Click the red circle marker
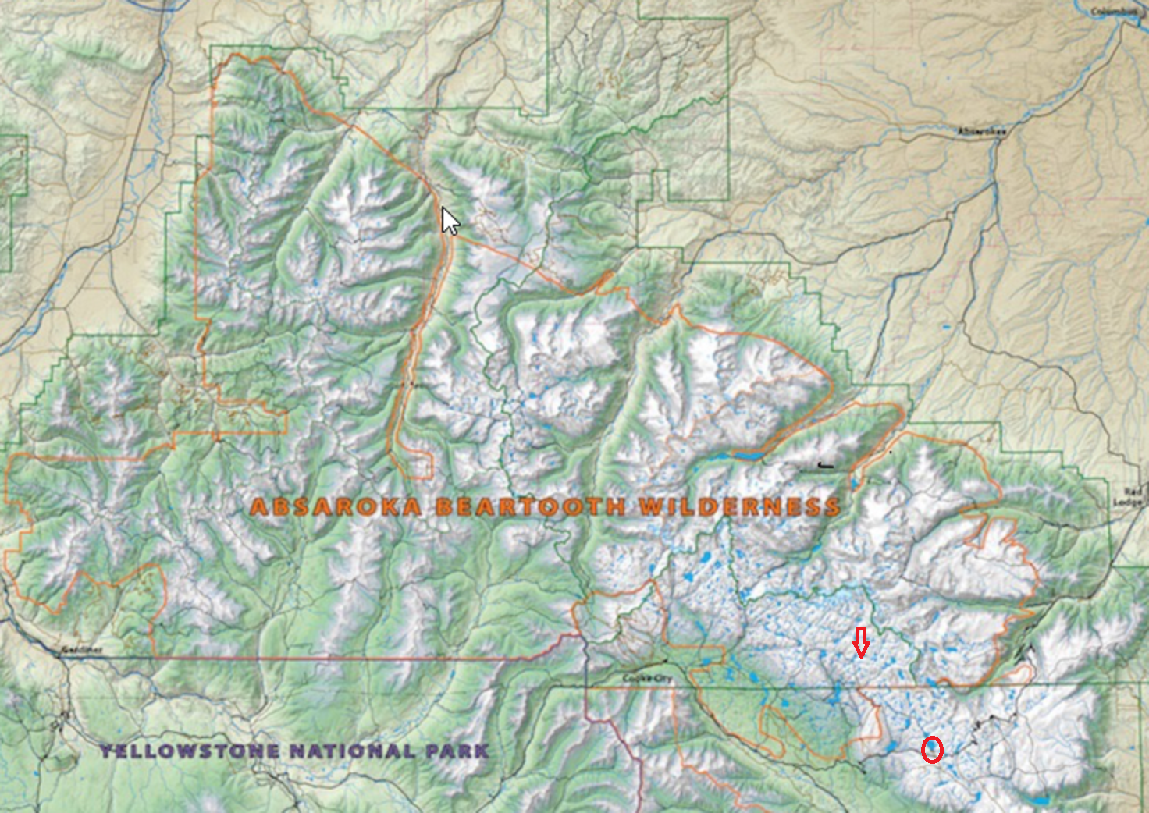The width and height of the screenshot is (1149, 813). (x=932, y=750)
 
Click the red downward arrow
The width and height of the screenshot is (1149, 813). (x=860, y=643)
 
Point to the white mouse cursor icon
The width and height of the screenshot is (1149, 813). (x=450, y=221)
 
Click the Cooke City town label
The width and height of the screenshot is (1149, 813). (x=647, y=679)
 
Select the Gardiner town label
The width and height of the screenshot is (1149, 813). (x=82, y=649)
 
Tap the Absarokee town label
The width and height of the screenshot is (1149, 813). (x=982, y=132)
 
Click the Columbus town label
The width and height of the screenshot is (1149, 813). (x=1115, y=11)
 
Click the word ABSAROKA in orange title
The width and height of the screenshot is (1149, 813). (x=336, y=507)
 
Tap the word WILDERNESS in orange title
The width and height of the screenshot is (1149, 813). (x=739, y=507)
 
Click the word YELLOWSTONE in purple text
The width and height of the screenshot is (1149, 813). (x=190, y=751)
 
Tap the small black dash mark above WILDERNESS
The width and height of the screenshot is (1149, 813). (x=826, y=466)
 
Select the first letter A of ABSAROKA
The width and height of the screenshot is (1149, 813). (x=259, y=508)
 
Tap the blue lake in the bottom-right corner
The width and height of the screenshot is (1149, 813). (x=1040, y=801)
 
